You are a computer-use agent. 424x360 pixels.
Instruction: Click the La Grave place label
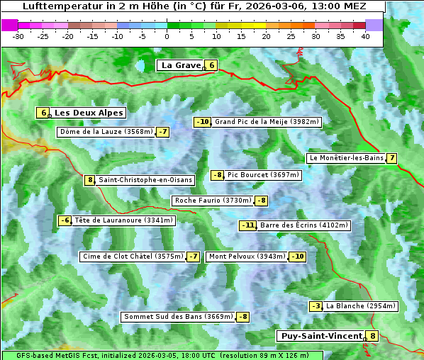[x=182, y=65]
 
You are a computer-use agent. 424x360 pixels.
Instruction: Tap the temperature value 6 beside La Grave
[x=211, y=65]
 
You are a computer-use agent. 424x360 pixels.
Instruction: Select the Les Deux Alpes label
[x=89, y=113]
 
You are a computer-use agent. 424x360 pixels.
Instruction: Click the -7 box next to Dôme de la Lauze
[x=163, y=132]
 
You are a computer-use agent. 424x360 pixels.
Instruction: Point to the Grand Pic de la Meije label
[x=267, y=122]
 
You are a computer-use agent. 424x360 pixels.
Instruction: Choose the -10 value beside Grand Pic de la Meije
[x=203, y=122]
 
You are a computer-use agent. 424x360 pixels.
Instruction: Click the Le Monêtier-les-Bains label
[x=345, y=158]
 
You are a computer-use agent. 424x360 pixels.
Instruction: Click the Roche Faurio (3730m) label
[x=213, y=201]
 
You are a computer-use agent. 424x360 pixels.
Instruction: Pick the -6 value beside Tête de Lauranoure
[x=65, y=220]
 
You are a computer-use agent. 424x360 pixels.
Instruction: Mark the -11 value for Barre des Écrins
[x=247, y=225]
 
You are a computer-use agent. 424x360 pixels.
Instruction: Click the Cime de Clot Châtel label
[x=133, y=257]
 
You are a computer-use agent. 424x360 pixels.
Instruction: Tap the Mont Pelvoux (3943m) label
[x=247, y=257]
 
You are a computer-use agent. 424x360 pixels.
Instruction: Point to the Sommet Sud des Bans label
[x=177, y=317]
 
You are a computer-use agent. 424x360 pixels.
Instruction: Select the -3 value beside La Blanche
[x=316, y=306]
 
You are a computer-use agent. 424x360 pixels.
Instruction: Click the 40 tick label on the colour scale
[x=365, y=35]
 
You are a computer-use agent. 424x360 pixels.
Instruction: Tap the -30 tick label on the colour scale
[x=18, y=35]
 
